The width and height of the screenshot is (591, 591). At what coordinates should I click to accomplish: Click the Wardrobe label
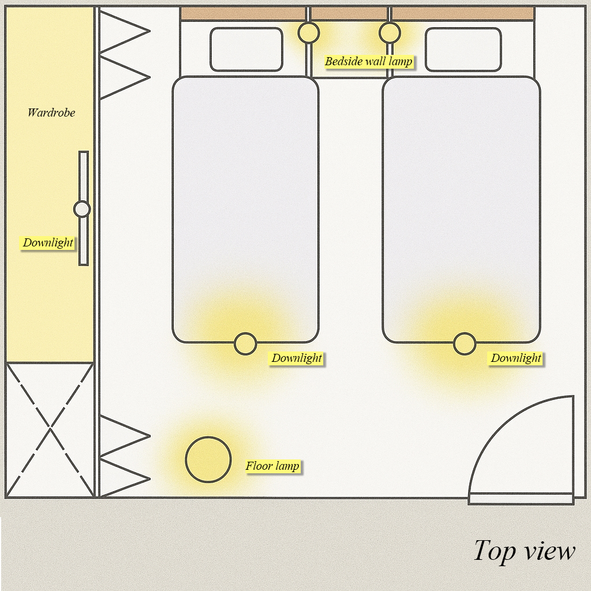[x=51, y=113]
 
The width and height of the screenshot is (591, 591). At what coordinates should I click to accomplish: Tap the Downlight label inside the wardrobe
[x=47, y=243]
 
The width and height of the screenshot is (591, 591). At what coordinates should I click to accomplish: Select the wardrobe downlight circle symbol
[x=82, y=209]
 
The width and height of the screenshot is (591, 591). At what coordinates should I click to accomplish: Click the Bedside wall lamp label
[x=369, y=61]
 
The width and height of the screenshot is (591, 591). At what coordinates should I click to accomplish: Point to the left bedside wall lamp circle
[x=309, y=33]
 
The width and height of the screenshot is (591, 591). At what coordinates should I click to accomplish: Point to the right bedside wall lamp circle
[x=390, y=33]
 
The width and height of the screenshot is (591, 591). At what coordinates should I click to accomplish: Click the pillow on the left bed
[x=246, y=50]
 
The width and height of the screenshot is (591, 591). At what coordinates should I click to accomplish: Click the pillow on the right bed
[x=463, y=50]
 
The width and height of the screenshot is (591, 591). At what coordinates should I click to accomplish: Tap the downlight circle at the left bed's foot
[x=245, y=344]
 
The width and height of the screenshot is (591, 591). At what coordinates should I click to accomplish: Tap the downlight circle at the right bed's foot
[x=465, y=344]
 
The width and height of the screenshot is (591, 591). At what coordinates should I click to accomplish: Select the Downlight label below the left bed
[x=297, y=358]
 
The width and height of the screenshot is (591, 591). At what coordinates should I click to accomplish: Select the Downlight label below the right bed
[x=516, y=358]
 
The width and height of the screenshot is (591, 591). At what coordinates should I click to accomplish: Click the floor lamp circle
[x=208, y=459]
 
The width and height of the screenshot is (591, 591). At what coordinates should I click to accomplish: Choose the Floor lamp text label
[x=272, y=466]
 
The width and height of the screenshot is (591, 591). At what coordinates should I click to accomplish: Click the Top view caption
[x=524, y=551]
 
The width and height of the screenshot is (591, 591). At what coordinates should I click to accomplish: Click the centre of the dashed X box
[x=50, y=429]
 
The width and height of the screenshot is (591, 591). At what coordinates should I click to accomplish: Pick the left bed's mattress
[x=245, y=210]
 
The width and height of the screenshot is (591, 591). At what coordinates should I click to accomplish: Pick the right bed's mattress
[x=461, y=210]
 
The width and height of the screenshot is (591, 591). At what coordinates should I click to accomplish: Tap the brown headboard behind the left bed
[x=243, y=14]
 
